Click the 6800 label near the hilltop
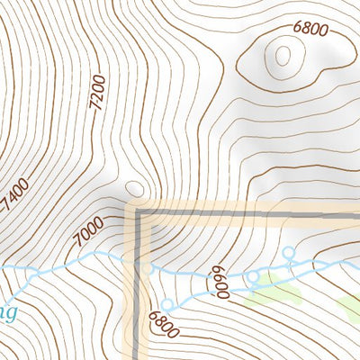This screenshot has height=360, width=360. pyautogui.click(x=310, y=28)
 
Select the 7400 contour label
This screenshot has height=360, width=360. pyautogui.click(x=16, y=196)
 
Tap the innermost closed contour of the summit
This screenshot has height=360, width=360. pyautogui.click(x=283, y=56)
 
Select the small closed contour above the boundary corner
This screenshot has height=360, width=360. pyautogui.click(x=135, y=188)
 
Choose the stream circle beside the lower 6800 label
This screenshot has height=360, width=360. pyautogui.click(x=166, y=304)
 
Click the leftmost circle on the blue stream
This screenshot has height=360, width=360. pyautogui.click(x=31, y=272)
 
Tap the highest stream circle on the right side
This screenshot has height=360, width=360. pyautogui.click(x=289, y=251)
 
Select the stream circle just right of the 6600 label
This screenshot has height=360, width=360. pyautogui.click(x=253, y=274)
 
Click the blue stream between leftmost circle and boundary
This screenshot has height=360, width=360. pyautogui.click(x=90, y=262)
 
